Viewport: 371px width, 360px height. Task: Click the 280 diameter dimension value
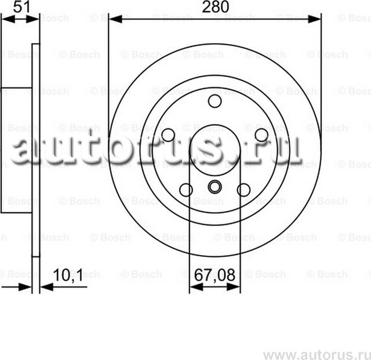point(215,7)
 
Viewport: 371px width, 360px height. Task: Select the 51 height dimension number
point(21,6)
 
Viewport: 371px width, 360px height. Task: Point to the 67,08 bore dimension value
point(214,274)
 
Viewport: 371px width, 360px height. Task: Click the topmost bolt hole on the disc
point(215,101)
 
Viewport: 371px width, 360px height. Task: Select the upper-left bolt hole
point(168,135)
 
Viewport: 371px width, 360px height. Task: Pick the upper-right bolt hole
point(261,135)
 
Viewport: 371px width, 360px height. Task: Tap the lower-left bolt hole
point(186,190)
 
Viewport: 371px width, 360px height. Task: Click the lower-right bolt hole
point(244,190)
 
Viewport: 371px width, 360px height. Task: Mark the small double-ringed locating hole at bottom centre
point(215,187)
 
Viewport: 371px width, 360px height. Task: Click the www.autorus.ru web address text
point(316,354)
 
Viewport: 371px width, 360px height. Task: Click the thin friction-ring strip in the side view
point(35,151)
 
